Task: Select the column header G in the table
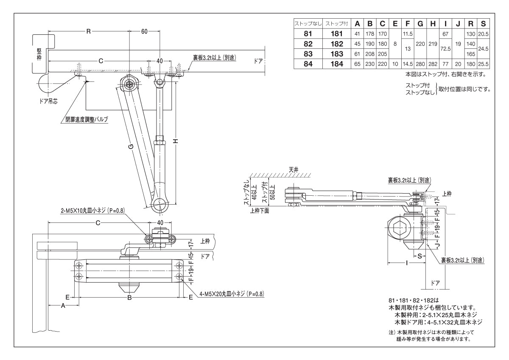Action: (x=420, y=24)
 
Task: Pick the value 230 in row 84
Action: (x=370, y=64)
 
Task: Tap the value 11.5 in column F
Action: (x=408, y=34)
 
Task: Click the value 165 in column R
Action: (x=471, y=54)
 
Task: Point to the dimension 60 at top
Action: (x=145, y=32)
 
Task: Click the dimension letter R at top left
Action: (x=88, y=32)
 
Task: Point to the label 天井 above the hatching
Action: (x=294, y=169)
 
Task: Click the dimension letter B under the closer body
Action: (x=130, y=298)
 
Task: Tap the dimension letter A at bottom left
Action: (x=63, y=305)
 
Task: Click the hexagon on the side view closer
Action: (x=399, y=230)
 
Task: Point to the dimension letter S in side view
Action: (x=419, y=256)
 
